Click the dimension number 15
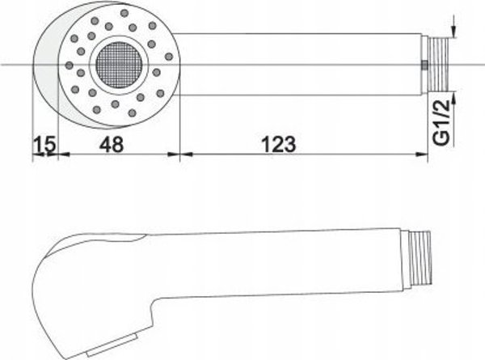(45, 144)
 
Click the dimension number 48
(112, 144)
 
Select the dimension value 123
(279, 144)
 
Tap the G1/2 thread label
(441, 122)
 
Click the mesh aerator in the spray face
(119, 65)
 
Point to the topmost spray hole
(124, 13)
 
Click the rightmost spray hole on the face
(169, 57)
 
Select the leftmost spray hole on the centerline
(70, 66)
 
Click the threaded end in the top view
(438, 64)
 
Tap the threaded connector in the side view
(420, 258)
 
